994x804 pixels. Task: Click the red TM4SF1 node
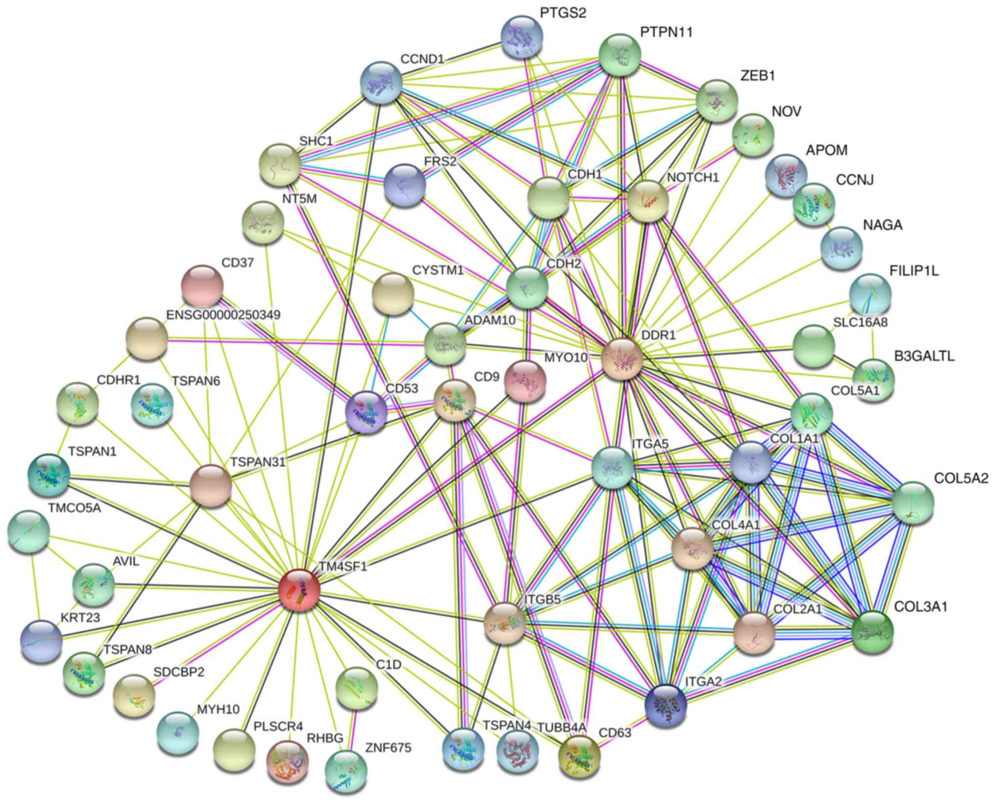(x=299, y=590)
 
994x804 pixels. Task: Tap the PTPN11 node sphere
(x=620, y=54)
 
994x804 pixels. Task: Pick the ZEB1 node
(x=717, y=101)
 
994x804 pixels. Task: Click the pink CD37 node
(x=202, y=285)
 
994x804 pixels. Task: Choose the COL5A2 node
(x=913, y=502)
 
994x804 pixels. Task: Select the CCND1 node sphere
(x=381, y=82)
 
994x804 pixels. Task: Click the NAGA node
(x=841, y=248)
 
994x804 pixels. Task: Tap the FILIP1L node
(x=871, y=294)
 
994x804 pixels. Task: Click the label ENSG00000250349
(x=224, y=315)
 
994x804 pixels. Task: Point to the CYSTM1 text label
(x=438, y=270)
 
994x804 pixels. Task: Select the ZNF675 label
(x=388, y=748)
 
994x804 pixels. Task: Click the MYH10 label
(x=218, y=709)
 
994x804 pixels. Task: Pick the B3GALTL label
(x=924, y=356)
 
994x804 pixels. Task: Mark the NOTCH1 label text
(x=693, y=177)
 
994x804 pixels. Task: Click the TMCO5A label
(x=74, y=508)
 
